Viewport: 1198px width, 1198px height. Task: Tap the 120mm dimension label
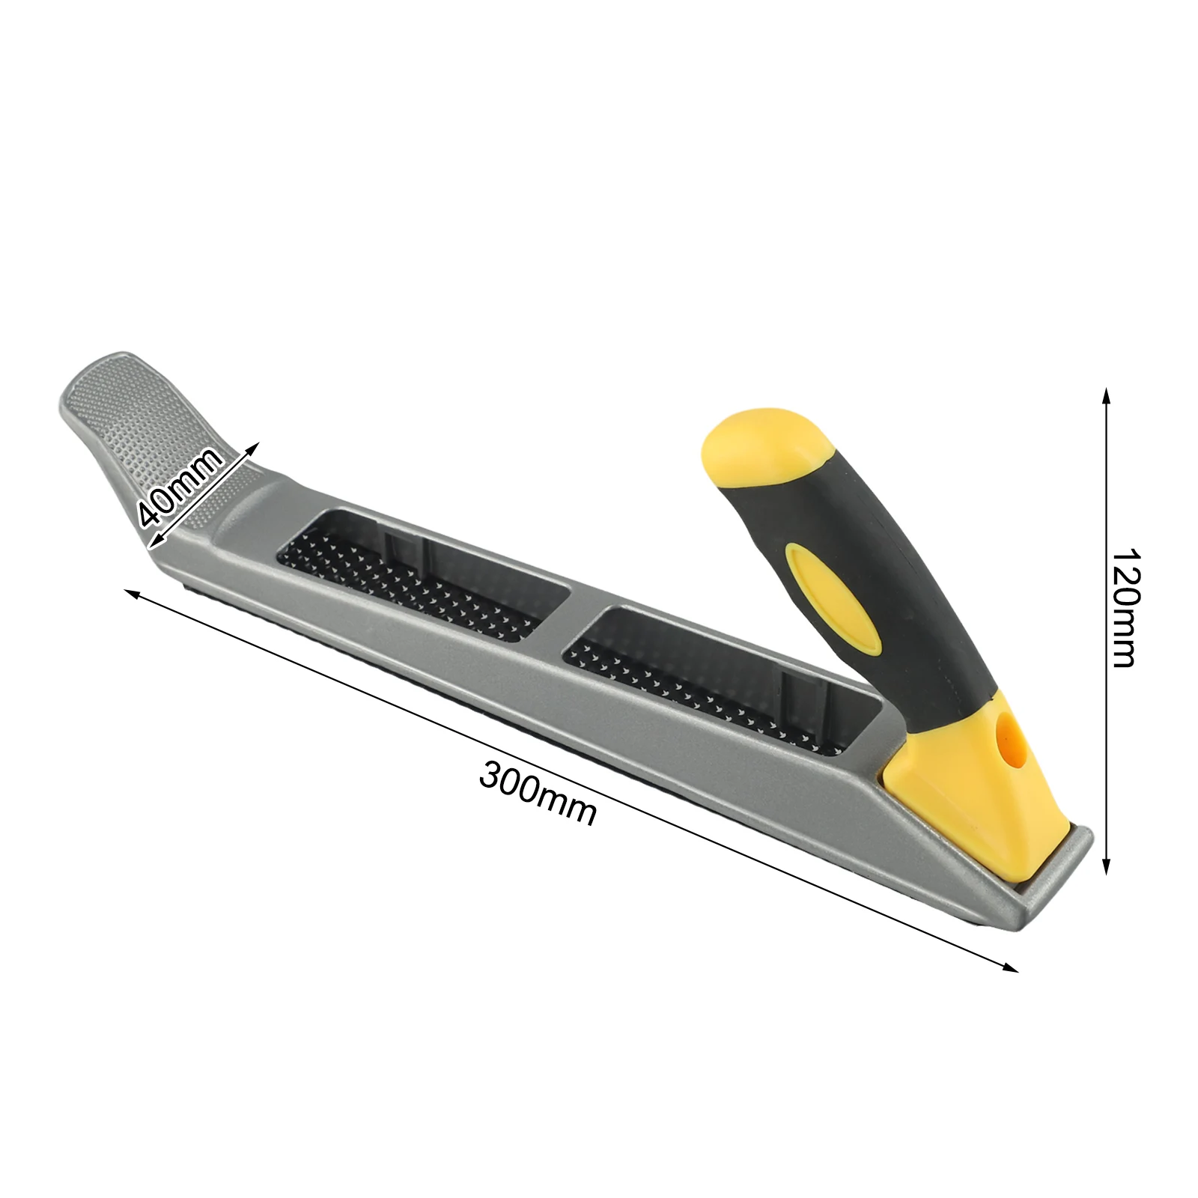tap(1122, 608)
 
